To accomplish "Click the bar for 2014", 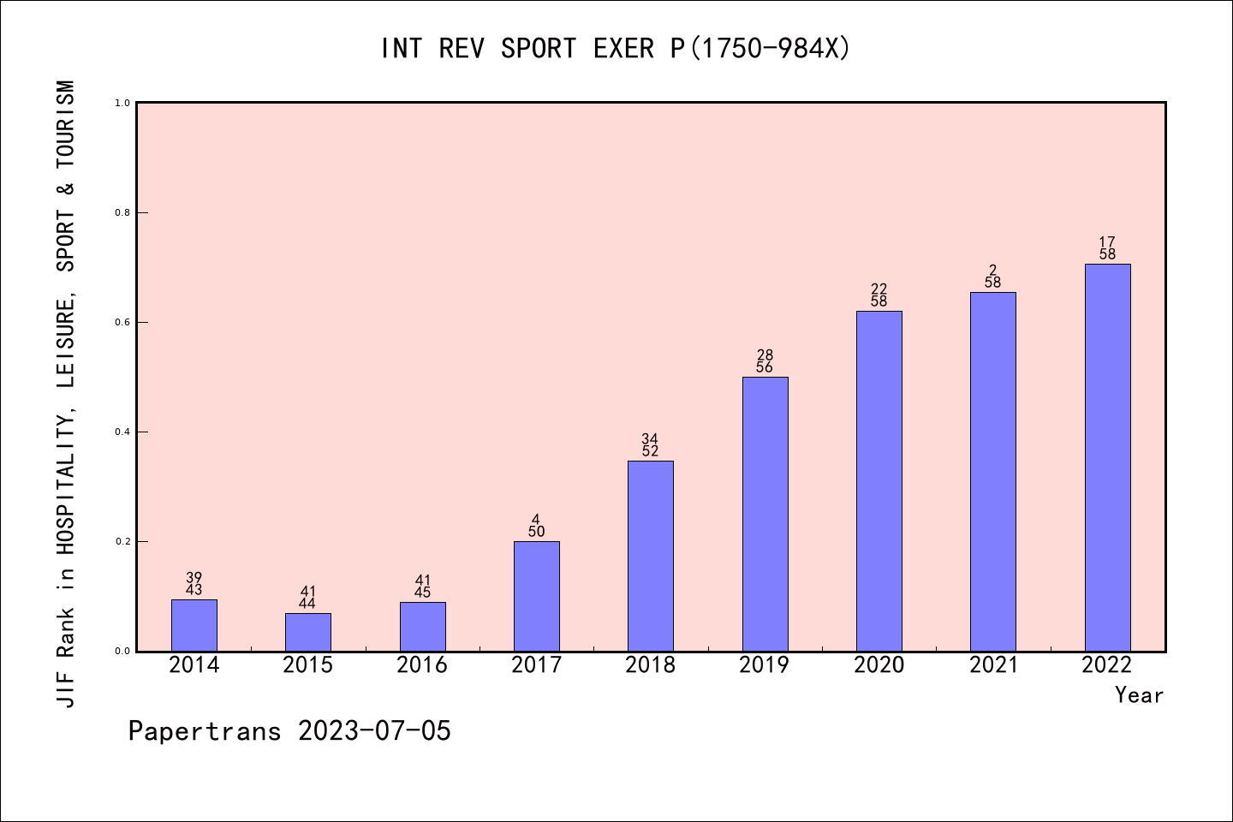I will tap(194, 625).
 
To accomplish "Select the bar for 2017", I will tap(537, 596).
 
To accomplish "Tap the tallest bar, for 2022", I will tap(1107, 457).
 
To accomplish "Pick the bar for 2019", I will tap(765, 514).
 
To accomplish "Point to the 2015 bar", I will tap(308, 632).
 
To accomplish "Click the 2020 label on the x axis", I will tap(879, 665).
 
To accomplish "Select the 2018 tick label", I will tap(651, 665).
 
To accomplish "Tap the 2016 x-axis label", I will tap(422, 665).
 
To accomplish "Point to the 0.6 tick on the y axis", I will tap(122, 323).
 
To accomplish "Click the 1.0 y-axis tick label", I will tap(122, 104).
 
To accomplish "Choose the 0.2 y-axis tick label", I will tap(122, 542).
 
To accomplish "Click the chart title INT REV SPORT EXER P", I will tap(616, 49).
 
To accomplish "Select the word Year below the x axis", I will tap(1139, 695).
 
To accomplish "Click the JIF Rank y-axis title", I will tap(66, 394).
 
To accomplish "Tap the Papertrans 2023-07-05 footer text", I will tap(289, 731).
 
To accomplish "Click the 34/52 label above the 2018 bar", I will tap(650, 445).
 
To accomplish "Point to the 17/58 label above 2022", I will tap(1107, 248).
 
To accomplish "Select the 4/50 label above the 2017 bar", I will tap(536, 526).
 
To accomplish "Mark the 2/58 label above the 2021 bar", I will tap(992, 277).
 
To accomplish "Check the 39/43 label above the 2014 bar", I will tap(194, 584).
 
